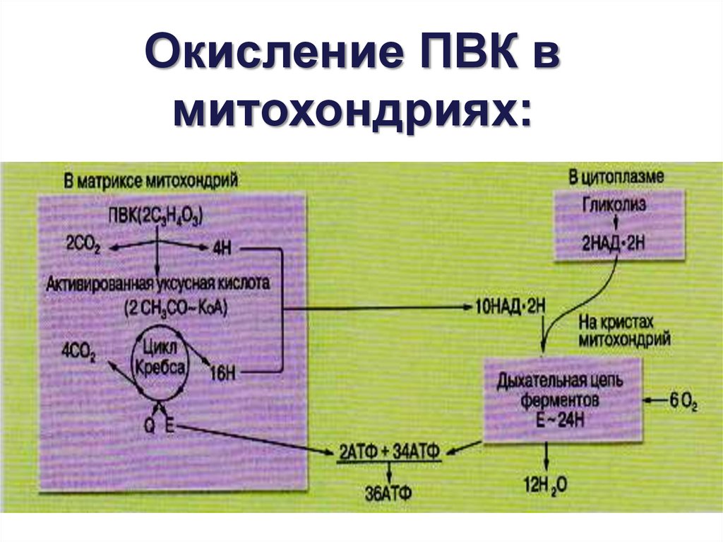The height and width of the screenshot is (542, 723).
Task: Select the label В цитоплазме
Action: point(616,177)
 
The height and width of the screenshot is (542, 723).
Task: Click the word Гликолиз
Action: point(614,205)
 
